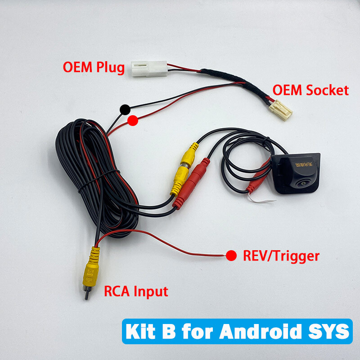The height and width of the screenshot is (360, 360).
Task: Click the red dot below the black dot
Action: click(x=133, y=121)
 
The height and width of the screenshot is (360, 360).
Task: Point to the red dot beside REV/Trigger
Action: click(x=231, y=256)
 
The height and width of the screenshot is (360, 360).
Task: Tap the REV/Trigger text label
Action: click(x=281, y=256)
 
